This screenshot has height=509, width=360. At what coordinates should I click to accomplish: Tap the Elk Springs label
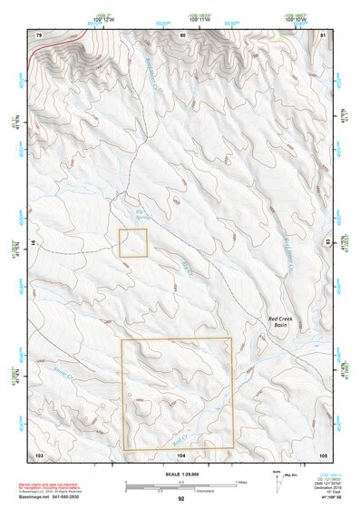pos(132,213)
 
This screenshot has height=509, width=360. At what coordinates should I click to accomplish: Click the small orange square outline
pos(133,243)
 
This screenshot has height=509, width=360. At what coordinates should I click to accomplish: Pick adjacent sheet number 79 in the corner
pos(39,34)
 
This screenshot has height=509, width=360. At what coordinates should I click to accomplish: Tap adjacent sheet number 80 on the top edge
pos(183,34)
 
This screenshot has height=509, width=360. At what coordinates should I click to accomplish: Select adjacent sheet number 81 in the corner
pos(324,34)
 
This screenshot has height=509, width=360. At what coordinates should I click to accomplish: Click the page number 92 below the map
pos(181,499)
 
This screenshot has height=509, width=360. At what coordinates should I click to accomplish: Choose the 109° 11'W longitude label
pos(197,18)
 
